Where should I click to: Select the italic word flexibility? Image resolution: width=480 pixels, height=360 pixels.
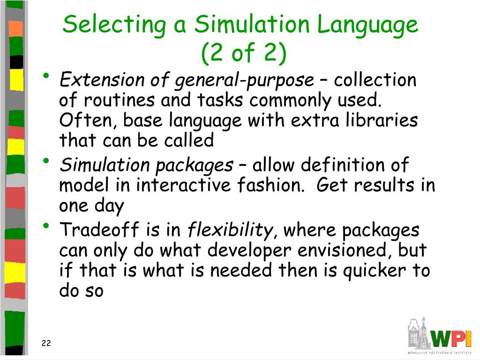click(230, 230)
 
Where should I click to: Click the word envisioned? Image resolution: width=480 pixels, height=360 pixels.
click(345, 251)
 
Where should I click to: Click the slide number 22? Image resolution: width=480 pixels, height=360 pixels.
click(46, 344)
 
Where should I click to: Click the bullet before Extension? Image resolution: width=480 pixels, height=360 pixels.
click(46, 77)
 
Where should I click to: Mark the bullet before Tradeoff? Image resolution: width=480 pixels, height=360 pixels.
click(46, 227)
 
